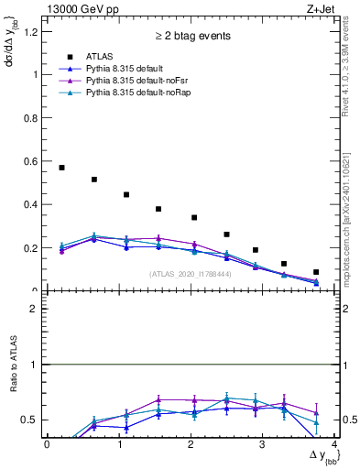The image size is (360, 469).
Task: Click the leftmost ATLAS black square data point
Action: [61, 168]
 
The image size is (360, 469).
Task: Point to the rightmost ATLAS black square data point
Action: [316, 272]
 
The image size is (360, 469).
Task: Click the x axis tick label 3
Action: [263, 444]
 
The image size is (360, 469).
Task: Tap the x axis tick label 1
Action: [119, 444]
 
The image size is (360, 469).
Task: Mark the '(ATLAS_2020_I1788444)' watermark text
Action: [189, 273]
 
